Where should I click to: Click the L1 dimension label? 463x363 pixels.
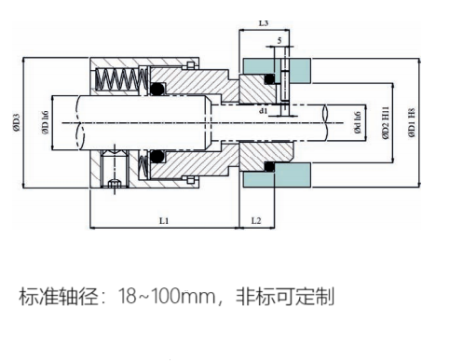coord(164,221)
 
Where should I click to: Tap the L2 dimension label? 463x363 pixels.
coord(256,220)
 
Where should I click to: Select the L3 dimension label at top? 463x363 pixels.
coord(264,23)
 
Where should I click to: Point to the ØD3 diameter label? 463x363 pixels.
coord(17,122)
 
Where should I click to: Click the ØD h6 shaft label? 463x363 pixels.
coord(45,122)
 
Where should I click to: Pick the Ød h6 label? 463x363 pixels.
coord(358,122)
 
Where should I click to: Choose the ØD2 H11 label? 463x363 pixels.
coord(386,122)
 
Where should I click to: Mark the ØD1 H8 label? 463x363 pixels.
coord(412,122)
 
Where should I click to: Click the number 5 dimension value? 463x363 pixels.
coord(279,40)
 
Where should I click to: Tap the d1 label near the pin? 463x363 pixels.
coord(263,110)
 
